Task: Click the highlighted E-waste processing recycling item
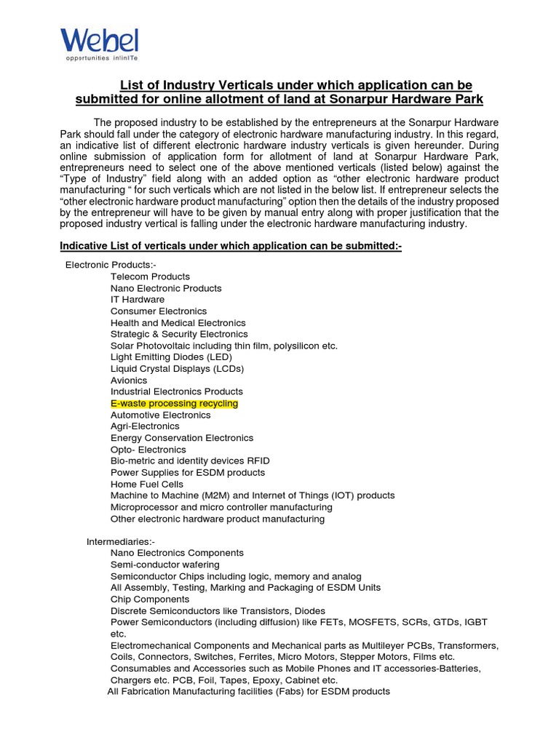[x=174, y=403]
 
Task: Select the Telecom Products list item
[x=150, y=276]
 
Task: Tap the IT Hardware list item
[x=138, y=300]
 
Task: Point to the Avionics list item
[x=129, y=381]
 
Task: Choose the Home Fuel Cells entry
[x=147, y=484]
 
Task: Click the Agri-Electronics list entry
[x=145, y=426]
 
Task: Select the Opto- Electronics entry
[x=148, y=450]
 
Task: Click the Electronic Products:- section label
[x=111, y=265]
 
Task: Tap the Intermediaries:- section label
[x=121, y=541]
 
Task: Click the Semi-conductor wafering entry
[x=164, y=565]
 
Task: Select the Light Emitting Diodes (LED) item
[x=171, y=357]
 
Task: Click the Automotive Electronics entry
[x=160, y=415]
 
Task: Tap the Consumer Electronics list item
[x=159, y=311]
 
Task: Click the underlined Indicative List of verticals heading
[x=231, y=247]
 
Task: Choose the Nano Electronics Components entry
[x=177, y=553]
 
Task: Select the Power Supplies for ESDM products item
[x=188, y=472]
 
